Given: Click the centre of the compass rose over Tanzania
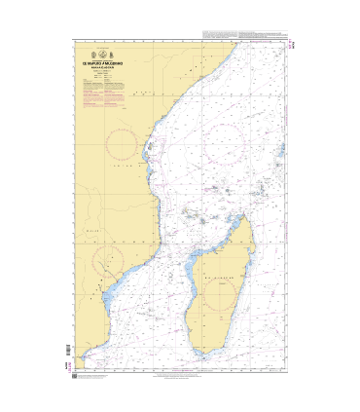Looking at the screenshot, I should pyautogui.click(x=122, y=145).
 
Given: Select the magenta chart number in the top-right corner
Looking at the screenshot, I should pyautogui.click(x=292, y=45).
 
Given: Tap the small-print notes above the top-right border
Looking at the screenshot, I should pyautogui.click(x=243, y=35).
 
